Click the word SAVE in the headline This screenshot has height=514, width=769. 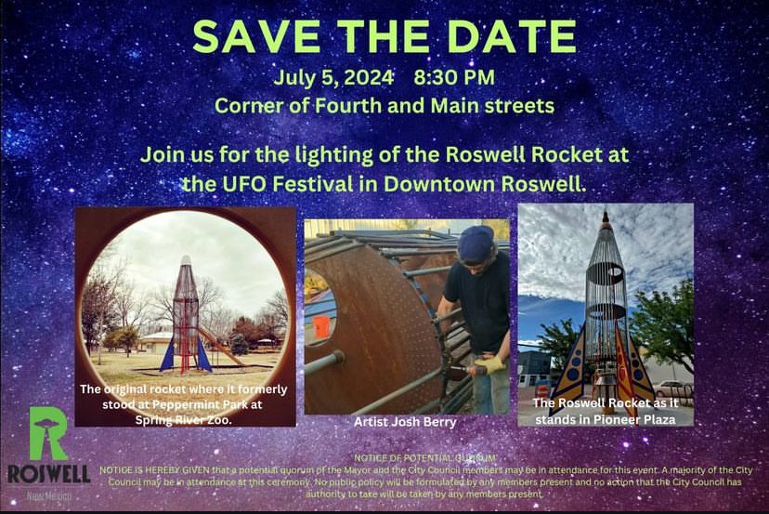click(x=250, y=36)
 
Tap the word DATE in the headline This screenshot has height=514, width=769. click(x=509, y=36)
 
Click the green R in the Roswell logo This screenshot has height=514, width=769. click(x=46, y=434)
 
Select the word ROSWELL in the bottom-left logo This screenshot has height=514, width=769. click(x=48, y=474)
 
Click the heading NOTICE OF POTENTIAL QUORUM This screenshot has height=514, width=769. click(x=425, y=457)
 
